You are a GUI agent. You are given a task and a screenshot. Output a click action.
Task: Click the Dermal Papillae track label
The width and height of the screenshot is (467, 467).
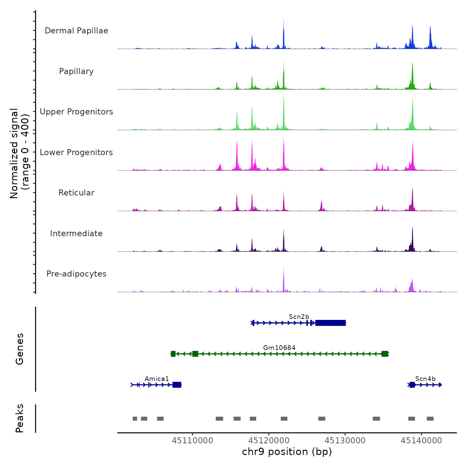pos(76,31)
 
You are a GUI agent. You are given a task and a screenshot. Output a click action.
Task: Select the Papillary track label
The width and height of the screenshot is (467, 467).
pos(76,71)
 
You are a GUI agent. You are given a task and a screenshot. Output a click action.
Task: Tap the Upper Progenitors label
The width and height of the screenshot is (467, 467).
pos(76,112)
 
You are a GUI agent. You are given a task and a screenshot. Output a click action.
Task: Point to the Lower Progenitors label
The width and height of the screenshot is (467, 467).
pos(76,152)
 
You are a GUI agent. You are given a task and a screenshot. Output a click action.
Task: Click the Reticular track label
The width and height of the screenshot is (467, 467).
pos(76,193)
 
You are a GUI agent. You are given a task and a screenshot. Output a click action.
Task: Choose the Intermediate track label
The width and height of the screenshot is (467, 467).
pos(76,233)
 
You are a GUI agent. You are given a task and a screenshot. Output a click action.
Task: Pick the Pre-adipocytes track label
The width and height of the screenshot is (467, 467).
pos(76,274)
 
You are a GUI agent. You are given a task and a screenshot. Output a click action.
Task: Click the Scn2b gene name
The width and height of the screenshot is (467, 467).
pos(299,317)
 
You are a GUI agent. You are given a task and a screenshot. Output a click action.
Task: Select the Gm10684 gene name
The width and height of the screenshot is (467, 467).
pos(279,348)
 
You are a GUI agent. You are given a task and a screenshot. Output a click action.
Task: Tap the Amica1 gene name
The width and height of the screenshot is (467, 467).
pos(157,379)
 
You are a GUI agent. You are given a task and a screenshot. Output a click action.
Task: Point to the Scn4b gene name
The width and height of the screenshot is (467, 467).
pos(425,379)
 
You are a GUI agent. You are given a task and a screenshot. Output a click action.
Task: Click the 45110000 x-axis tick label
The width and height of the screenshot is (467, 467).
pos(192,441)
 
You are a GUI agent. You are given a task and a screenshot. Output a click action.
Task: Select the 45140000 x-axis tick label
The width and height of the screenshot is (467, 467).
pos(421,441)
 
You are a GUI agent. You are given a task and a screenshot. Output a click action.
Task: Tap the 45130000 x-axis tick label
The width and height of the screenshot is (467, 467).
pos(345,441)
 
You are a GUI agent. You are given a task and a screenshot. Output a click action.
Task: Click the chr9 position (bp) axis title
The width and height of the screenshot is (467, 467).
pos(287,452)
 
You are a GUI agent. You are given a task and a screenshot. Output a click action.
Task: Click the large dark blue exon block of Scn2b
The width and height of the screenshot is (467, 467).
pos(330,323)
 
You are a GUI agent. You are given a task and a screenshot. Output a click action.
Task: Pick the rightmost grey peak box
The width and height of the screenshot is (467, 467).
pos(430,419)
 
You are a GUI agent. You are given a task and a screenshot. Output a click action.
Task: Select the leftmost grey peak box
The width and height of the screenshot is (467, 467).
pos(135,419)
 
